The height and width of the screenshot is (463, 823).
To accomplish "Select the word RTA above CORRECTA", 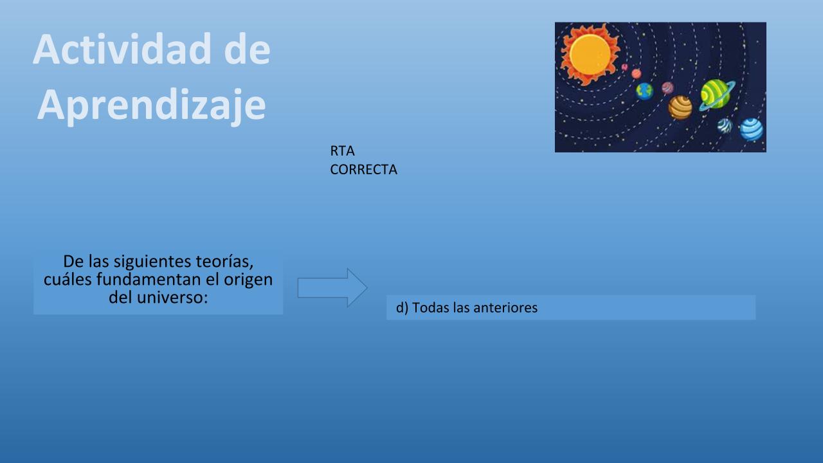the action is tap(342, 150).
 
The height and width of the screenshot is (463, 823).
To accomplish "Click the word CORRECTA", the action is tap(363, 169).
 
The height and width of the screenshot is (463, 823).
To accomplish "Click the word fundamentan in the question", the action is tap(149, 279).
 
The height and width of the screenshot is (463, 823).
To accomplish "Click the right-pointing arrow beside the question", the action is tap(332, 287).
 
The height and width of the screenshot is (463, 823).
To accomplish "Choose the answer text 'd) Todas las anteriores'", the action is tap(467, 307).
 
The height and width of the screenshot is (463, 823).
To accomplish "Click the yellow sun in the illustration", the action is tap(590, 55).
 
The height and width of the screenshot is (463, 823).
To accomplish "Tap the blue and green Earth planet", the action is tap(644, 91).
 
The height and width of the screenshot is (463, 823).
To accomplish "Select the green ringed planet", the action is tap(716, 95).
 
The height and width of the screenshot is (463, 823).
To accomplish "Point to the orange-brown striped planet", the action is tap(680, 107).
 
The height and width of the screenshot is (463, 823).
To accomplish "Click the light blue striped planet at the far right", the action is tap(752, 129).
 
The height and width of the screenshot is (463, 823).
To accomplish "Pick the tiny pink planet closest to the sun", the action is tap(624, 68).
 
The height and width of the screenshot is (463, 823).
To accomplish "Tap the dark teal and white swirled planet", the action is tap(725, 125).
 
